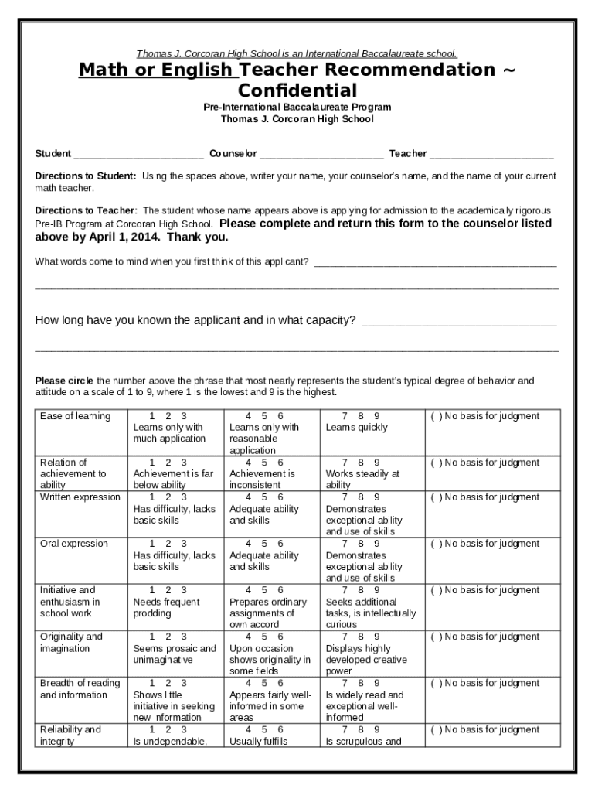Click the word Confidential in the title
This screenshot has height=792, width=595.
[x=297, y=90]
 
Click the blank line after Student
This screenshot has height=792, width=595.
[x=139, y=154]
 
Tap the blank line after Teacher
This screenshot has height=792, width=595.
[x=491, y=154]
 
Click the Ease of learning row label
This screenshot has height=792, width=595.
[x=75, y=416]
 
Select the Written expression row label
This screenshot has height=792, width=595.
[x=80, y=497]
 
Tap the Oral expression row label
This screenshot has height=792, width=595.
[x=73, y=544]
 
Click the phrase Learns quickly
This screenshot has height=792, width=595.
[x=356, y=428]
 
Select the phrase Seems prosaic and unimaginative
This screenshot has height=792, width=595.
[x=175, y=654]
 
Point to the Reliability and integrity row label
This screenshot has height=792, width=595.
[x=70, y=736]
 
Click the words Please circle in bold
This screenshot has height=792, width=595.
[x=64, y=381]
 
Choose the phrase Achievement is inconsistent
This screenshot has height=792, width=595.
[x=262, y=480]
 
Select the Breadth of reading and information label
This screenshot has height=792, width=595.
[x=80, y=689]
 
